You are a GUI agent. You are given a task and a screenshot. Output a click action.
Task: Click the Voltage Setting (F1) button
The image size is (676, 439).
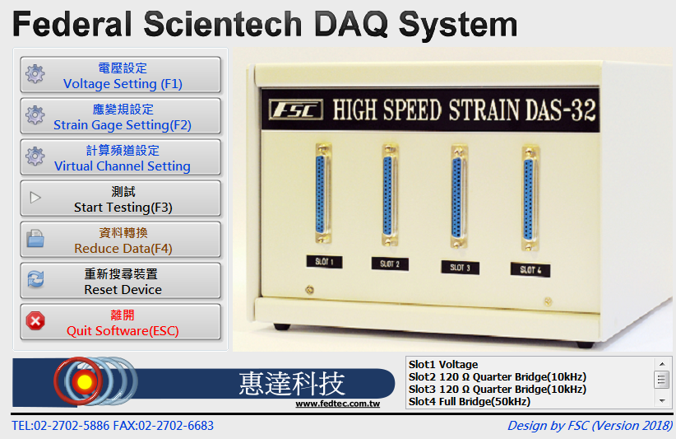pyautogui.click(x=120, y=75)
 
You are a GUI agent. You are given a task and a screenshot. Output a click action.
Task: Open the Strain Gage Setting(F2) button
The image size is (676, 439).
pyautogui.click(x=120, y=116)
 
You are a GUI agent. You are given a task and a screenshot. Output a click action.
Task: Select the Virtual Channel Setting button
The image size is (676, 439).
pyautogui.click(x=120, y=157)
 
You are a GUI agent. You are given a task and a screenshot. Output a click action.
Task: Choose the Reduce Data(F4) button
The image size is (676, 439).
pyautogui.click(x=120, y=240)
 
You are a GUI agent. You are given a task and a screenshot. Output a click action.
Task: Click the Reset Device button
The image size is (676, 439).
pyautogui.click(x=120, y=281)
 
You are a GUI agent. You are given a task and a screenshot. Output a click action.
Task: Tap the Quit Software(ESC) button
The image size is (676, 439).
pyautogui.click(x=120, y=322)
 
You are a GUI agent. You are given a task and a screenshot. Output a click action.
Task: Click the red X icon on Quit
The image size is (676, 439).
pyautogui.click(x=35, y=321)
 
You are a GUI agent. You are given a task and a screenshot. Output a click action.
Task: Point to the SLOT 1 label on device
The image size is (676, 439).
pyautogui.click(x=325, y=262)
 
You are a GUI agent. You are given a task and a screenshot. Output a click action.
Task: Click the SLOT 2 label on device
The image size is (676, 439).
pyautogui.click(x=390, y=264)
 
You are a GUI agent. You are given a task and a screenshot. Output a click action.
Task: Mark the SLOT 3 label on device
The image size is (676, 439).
pyautogui.click(x=460, y=268)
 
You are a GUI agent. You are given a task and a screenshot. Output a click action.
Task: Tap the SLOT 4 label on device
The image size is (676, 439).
pyautogui.click(x=530, y=270)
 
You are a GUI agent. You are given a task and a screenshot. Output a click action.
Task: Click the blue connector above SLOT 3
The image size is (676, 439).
pyautogui.click(x=457, y=198)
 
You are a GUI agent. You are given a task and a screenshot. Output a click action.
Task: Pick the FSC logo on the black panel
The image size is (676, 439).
pyautogui.click(x=296, y=110)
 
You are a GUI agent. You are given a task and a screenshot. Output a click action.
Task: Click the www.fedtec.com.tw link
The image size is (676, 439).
pyautogui.click(x=337, y=404)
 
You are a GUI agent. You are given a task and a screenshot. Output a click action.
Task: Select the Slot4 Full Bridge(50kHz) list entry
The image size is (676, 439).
pyautogui.click(x=470, y=402)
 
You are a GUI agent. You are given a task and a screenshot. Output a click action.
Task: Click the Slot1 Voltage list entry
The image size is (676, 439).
pyautogui.click(x=443, y=365)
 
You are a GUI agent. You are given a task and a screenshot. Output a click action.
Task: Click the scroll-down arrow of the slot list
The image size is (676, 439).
pyautogui.click(x=662, y=401)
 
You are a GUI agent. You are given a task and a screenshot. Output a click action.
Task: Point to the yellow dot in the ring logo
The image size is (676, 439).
pyautogui.click(x=84, y=381)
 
